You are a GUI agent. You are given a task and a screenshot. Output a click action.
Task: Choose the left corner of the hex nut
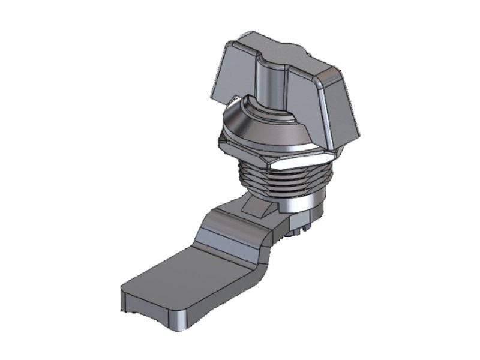222,143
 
